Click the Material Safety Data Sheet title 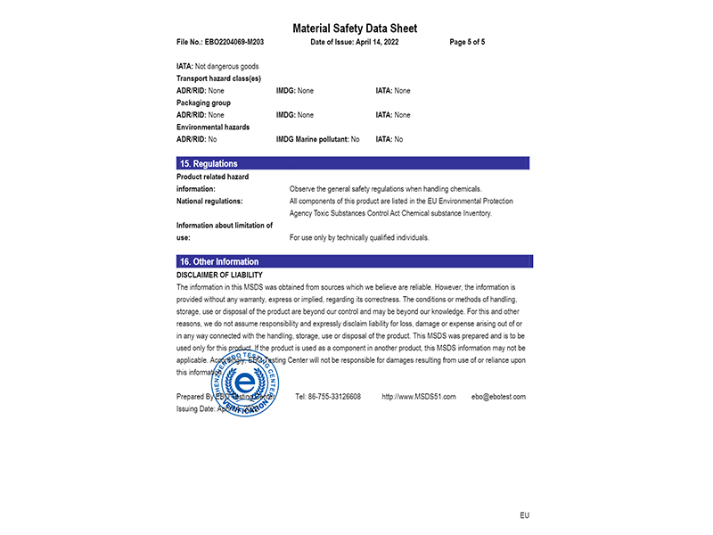coord(355,29)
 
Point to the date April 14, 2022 coord(369,42)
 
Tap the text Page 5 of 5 coord(467,42)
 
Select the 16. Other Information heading coord(219,262)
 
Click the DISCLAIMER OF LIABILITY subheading coord(219,276)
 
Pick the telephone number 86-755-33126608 coord(328,397)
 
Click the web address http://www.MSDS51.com coord(418,397)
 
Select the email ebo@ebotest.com coord(498,397)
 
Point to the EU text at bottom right coord(525,516)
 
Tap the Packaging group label coord(203,103)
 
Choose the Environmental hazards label coord(213,127)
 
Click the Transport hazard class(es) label coord(218,78)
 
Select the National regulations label coord(209,202)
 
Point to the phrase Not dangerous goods coord(226,67)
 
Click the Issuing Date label coord(195,408)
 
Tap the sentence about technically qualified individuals coord(359,238)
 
